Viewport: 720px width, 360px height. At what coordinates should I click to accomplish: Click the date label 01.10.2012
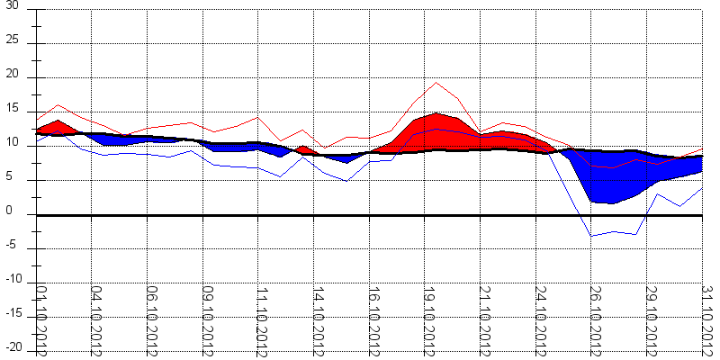[x=40, y=319]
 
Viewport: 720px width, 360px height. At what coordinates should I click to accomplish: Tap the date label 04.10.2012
[x=95, y=319]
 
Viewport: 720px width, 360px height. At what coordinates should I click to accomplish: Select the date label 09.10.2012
[x=206, y=319]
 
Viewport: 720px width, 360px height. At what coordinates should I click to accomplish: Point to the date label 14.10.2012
[x=317, y=319]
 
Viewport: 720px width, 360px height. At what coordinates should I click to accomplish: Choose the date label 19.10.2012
[x=428, y=319]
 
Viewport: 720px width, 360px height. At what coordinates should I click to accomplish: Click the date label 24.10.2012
[x=539, y=319]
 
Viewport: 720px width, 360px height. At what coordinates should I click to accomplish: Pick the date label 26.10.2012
[x=594, y=319]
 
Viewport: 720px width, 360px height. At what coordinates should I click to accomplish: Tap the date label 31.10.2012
[x=707, y=319]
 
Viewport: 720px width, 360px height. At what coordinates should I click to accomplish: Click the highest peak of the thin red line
[x=436, y=83]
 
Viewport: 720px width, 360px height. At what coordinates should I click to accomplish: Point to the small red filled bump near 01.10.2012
[x=57, y=126]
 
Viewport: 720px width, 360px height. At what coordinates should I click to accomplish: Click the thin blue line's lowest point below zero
[x=591, y=236]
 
